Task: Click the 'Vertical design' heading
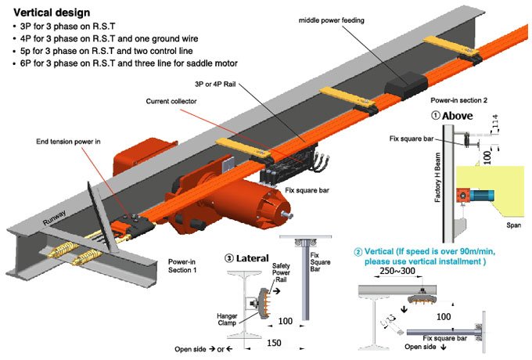pyautogui.click(x=52, y=13)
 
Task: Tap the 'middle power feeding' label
pyautogui.click(x=332, y=20)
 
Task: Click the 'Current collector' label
pyautogui.click(x=171, y=101)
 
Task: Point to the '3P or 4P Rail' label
pyautogui.click(x=215, y=85)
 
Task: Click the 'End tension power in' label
pyautogui.click(x=68, y=142)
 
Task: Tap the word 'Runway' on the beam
pyautogui.click(x=54, y=218)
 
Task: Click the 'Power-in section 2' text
pyautogui.click(x=458, y=100)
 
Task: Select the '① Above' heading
pyautogui.click(x=452, y=116)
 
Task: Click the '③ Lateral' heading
pyautogui.click(x=246, y=258)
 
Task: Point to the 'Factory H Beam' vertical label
pyautogui.click(x=437, y=177)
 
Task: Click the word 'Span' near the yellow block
pyautogui.click(x=513, y=225)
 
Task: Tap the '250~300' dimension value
pyautogui.click(x=397, y=271)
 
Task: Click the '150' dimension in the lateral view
pyautogui.click(x=274, y=343)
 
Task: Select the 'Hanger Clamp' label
pyautogui.click(x=227, y=319)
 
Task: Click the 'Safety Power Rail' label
pyautogui.click(x=281, y=272)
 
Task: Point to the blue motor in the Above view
pyautogui.click(x=481, y=196)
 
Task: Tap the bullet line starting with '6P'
pyautogui.click(x=128, y=63)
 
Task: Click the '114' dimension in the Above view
pyautogui.click(x=495, y=121)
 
